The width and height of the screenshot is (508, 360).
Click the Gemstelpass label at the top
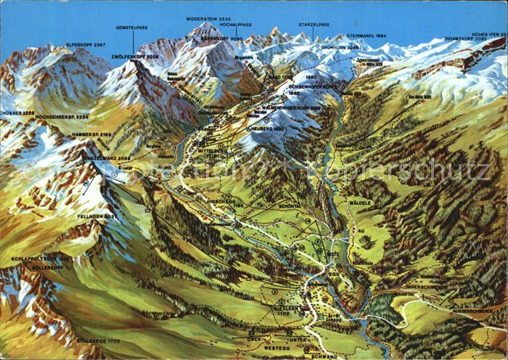click(x=132, y=28)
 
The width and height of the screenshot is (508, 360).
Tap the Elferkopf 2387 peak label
click(x=86, y=45)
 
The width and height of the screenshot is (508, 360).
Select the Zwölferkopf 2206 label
click(x=134, y=56)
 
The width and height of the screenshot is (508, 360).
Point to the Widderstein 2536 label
click(x=210, y=18)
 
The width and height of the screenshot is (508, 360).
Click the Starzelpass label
click(x=313, y=25)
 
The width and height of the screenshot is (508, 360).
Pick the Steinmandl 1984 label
click(x=366, y=36)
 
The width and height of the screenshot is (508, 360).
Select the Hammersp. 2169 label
click(x=91, y=135)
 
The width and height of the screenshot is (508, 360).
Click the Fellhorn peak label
click(x=96, y=216)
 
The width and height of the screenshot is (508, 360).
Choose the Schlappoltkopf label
click(x=41, y=259)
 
